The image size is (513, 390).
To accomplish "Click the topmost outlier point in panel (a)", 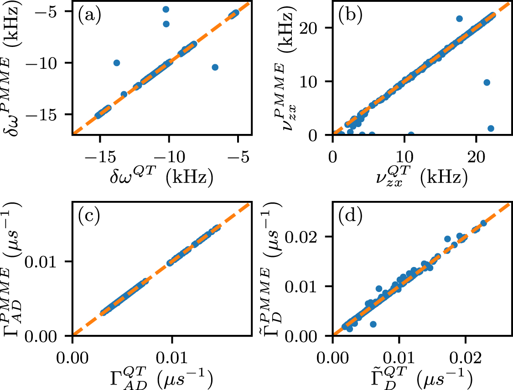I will (x=166, y=9).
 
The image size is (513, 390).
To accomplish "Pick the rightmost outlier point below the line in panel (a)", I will (x=215, y=67).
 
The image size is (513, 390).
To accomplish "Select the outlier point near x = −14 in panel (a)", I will (x=117, y=63).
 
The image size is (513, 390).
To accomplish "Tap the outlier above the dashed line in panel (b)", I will (x=459, y=19).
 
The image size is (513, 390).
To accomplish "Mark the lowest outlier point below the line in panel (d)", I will (x=373, y=324).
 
